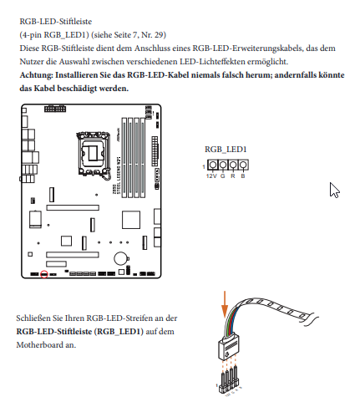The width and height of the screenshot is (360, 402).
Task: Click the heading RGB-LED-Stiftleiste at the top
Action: pyautogui.click(x=56, y=22)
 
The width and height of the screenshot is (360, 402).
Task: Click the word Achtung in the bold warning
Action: pyautogui.click(x=36, y=75)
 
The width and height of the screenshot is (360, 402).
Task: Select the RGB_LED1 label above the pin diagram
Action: pyautogui.click(x=226, y=150)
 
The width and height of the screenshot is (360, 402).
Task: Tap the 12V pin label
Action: pyautogui.click(x=211, y=176)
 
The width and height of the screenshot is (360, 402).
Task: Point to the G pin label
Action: pyautogui.click(x=223, y=176)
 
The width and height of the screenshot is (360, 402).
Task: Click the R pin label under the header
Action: pyautogui.click(x=233, y=176)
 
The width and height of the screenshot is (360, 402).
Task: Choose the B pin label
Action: pyautogui.click(x=243, y=176)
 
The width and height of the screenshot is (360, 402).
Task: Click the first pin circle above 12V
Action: pyautogui.click(x=212, y=165)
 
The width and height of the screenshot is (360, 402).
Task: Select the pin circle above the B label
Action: pyautogui.click(x=243, y=165)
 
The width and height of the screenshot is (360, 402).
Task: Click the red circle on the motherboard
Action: pyautogui.click(x=44, y=274)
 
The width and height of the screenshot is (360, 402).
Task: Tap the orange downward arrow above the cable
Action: pyautogui.click(x=225, y=304)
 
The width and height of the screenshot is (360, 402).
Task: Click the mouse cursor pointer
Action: pyautogui.click(x=334, y=191)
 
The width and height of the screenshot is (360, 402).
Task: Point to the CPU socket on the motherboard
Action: pyautogui.click(x=93, y=154)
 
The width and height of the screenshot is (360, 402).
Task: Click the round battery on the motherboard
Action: pyautogui.click(x=121, y=258)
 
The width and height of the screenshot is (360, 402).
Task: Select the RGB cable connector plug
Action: pyautogui.click(x=228, y=347)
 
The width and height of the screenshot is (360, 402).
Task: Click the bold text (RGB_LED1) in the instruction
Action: pyautogui.click(x=119, y=332)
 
